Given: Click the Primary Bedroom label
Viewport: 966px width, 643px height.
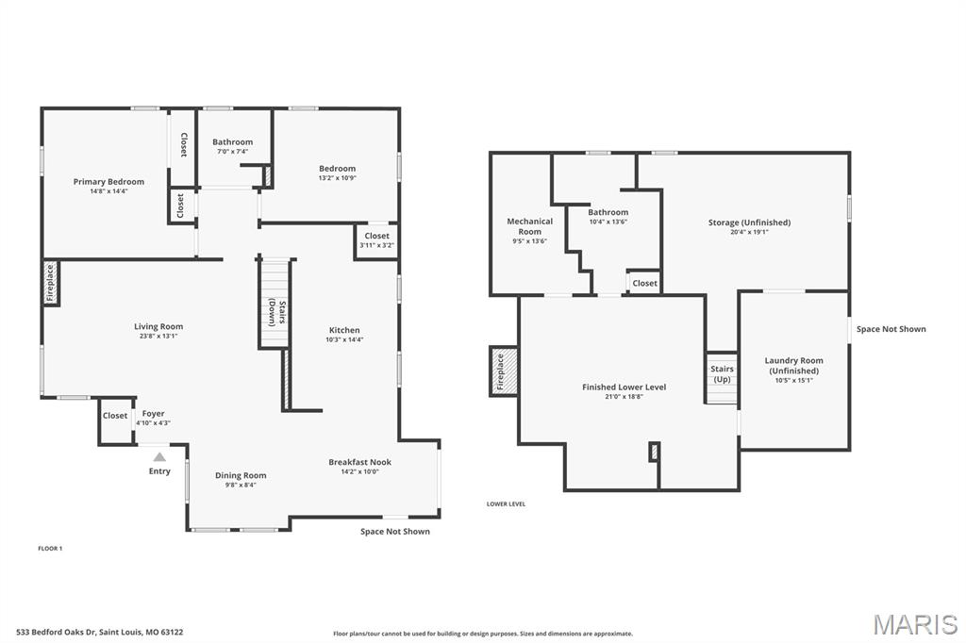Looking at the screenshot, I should (108, 182).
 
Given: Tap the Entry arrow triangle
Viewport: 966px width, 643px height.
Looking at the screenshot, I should (159, 457).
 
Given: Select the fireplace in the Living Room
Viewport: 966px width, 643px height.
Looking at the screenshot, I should (50, 283).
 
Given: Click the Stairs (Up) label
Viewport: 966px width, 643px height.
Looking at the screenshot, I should (722, 374).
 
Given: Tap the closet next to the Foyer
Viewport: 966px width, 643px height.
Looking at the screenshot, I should (115, 416).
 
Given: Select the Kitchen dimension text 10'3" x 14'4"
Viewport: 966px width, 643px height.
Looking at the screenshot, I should (344, 339).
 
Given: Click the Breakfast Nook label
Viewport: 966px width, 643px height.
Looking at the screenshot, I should (359, 462).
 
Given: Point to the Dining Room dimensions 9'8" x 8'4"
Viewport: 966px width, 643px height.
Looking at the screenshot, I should (241, 485).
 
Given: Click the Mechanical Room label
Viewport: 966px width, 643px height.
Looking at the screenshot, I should (529, 226).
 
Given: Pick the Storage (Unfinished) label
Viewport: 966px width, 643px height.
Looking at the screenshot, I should (749, 223).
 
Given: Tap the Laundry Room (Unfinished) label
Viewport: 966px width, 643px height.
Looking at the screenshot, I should (793, 366).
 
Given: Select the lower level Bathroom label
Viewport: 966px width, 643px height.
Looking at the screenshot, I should (608, 212).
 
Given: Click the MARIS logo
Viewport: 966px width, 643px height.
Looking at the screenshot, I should (914, 624).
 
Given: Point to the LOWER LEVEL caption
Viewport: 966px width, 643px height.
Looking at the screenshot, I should (506, 503).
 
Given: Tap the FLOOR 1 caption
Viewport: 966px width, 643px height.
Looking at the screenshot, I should (50, 548).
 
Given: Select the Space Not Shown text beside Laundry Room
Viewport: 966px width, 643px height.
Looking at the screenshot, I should (891, 329).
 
